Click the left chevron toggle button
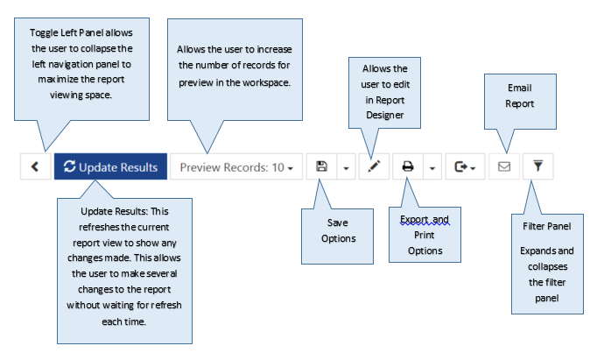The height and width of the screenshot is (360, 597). tap(35, 166)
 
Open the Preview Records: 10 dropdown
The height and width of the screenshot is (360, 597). tap(236, 166)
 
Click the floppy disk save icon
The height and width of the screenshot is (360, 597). tap(322, 166)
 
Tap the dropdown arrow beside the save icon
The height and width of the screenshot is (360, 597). tap(346, 167)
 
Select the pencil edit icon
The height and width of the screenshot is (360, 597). tap(374, 166)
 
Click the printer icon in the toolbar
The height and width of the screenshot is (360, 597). tap(408, 166)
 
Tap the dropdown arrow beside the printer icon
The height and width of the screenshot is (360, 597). tap(432, 167)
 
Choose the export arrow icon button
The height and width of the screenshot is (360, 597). tap(465, 166)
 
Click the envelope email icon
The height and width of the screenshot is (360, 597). tap(504, 166)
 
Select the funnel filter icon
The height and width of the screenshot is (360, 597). tap(538, 166)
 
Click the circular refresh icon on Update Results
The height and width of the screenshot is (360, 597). tap(69, 166)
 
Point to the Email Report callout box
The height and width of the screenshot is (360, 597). tap(520, 102)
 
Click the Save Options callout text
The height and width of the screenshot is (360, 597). tap(338, 230)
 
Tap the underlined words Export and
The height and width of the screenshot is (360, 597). tap(425, 220)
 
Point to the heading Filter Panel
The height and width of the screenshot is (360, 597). tap(547, 226)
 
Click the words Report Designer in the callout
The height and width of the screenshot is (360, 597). tap(385, 108)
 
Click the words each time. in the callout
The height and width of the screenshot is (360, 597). tap(123, 321)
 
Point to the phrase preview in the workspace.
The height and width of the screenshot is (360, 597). tap(235, 82)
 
